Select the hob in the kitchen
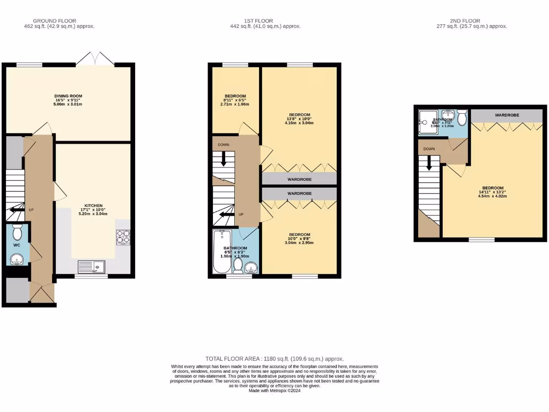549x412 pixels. click(123, 237)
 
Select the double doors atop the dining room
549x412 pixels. click(95, 59)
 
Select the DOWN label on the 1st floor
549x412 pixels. click(223, 145)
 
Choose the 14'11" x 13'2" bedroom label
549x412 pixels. click(493, 192)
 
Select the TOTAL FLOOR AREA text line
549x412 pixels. click(274, 358)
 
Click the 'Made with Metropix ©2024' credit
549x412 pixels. click(274, 391)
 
